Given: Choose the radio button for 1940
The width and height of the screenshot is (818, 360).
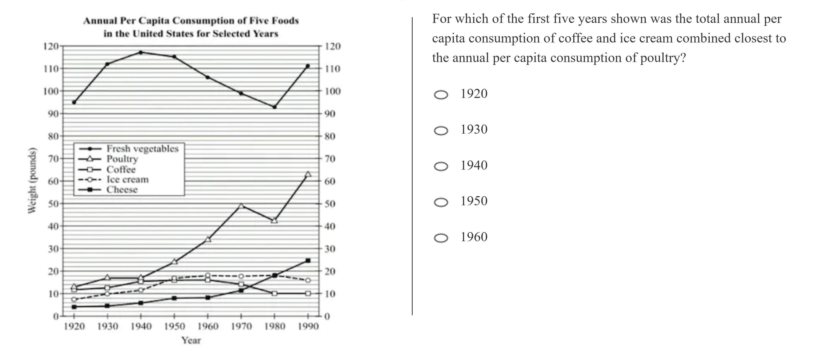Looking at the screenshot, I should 441,166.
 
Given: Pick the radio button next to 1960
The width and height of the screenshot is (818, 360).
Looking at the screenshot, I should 441,238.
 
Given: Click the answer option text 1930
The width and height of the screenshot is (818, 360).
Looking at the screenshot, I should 474,129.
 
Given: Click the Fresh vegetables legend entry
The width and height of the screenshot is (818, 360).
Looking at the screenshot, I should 142,148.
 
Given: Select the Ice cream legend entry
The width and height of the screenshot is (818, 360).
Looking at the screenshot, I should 127,179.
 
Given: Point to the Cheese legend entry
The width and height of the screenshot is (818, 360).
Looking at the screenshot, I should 122,190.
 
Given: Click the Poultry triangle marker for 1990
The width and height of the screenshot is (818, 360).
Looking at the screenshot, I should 308,174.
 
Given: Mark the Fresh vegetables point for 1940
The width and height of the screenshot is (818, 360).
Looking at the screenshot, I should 141,52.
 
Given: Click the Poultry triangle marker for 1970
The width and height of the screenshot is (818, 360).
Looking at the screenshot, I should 241,206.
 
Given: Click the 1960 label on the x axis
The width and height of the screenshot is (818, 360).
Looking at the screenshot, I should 208,326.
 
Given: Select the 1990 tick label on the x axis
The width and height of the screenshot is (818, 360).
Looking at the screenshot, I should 308,326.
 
